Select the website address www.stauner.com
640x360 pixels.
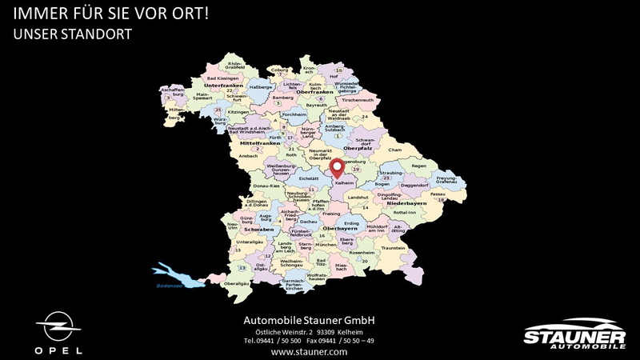(309, 351)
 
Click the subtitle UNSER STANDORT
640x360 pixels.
(72, 34)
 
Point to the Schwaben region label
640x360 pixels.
(258, 230)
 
